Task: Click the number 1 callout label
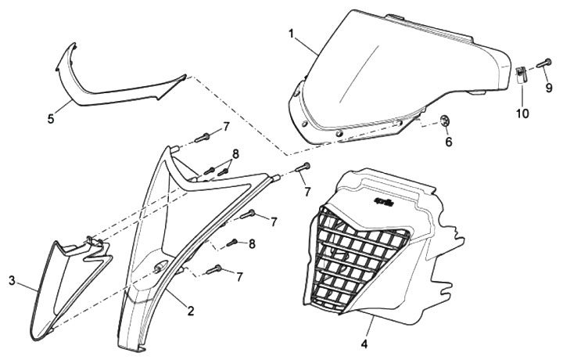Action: click(x=291, y=34)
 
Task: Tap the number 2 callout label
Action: click(x=190, y=311)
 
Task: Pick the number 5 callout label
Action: click(x=51, y=119)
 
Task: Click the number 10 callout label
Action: click(x=522, y=113)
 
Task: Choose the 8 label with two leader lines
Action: click(x=235, y=153)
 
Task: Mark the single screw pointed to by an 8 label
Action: click(x=232, y=243)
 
